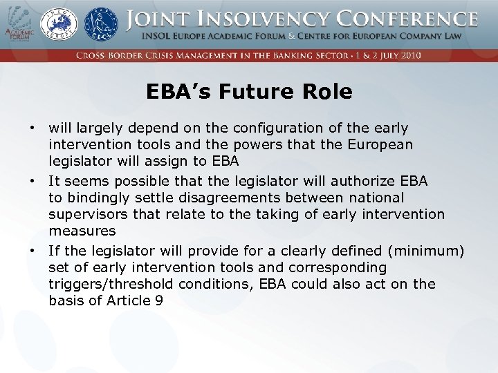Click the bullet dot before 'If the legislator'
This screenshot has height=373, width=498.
tap(32, 250)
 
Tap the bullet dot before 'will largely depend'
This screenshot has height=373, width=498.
tap(32, 128)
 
